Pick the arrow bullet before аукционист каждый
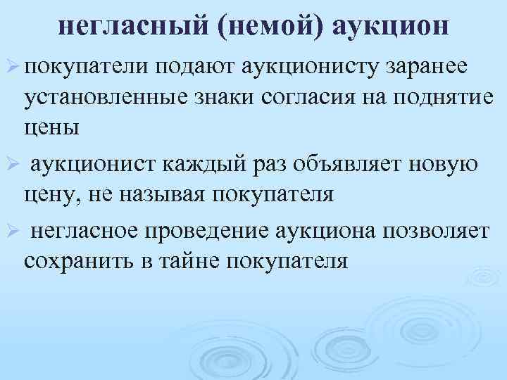(13, 164)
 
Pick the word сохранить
(80, 261)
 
